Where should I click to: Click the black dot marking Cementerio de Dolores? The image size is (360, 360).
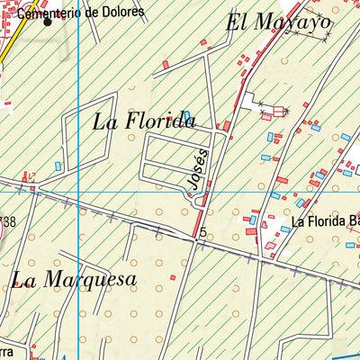click(x=49, y=22)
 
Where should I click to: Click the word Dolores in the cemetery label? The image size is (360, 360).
click(x=122, y=11)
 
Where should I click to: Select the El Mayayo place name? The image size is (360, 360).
click(x=279, y=22)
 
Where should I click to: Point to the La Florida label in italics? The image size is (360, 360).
click(x=144, y=121)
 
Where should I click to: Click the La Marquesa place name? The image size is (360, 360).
click(x=74, y=279)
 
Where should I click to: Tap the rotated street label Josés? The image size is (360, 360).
click(x=197, y=170)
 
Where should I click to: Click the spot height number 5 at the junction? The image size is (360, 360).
click(x=204, y=233)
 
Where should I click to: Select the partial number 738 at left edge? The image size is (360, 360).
click(x=8, y=221)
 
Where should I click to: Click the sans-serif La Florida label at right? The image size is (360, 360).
click(x=319, y=220)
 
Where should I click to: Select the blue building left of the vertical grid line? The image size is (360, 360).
click(x=58, y=166)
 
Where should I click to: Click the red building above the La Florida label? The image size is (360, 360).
click(x=166, y=64)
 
